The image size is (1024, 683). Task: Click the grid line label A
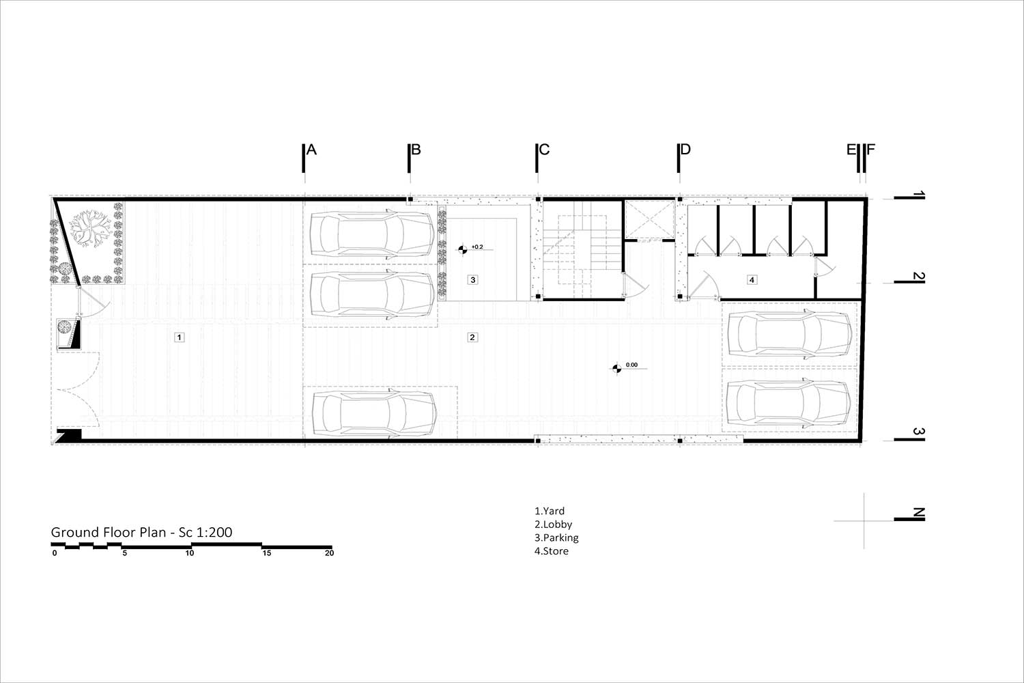coord(311,150)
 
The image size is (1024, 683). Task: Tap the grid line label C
coord(544,150)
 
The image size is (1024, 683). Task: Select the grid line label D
coord(685,150)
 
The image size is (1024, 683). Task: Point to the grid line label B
coord(416,150)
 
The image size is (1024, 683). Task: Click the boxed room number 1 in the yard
coord(179,337)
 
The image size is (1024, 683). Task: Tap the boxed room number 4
coord(752,279)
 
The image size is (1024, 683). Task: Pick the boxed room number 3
coord(472,279)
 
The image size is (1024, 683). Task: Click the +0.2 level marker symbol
coord(463,249)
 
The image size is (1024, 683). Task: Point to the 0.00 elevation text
coord(631,365)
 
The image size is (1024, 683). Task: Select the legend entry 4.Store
coord(552,550)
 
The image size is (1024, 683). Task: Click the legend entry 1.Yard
coord(550,510)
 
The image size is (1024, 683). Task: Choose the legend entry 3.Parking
coord(556,538)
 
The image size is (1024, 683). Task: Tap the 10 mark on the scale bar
coord(190,553)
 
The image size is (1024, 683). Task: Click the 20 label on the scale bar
coord(329,553)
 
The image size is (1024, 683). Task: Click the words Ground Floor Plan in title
coord(109,532)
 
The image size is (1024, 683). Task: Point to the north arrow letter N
coord(918,513)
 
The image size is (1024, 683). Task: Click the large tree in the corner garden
coord(90,228)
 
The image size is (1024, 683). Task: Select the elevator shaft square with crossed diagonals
coord(650,220)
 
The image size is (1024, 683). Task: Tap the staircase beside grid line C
coord(582,250)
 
